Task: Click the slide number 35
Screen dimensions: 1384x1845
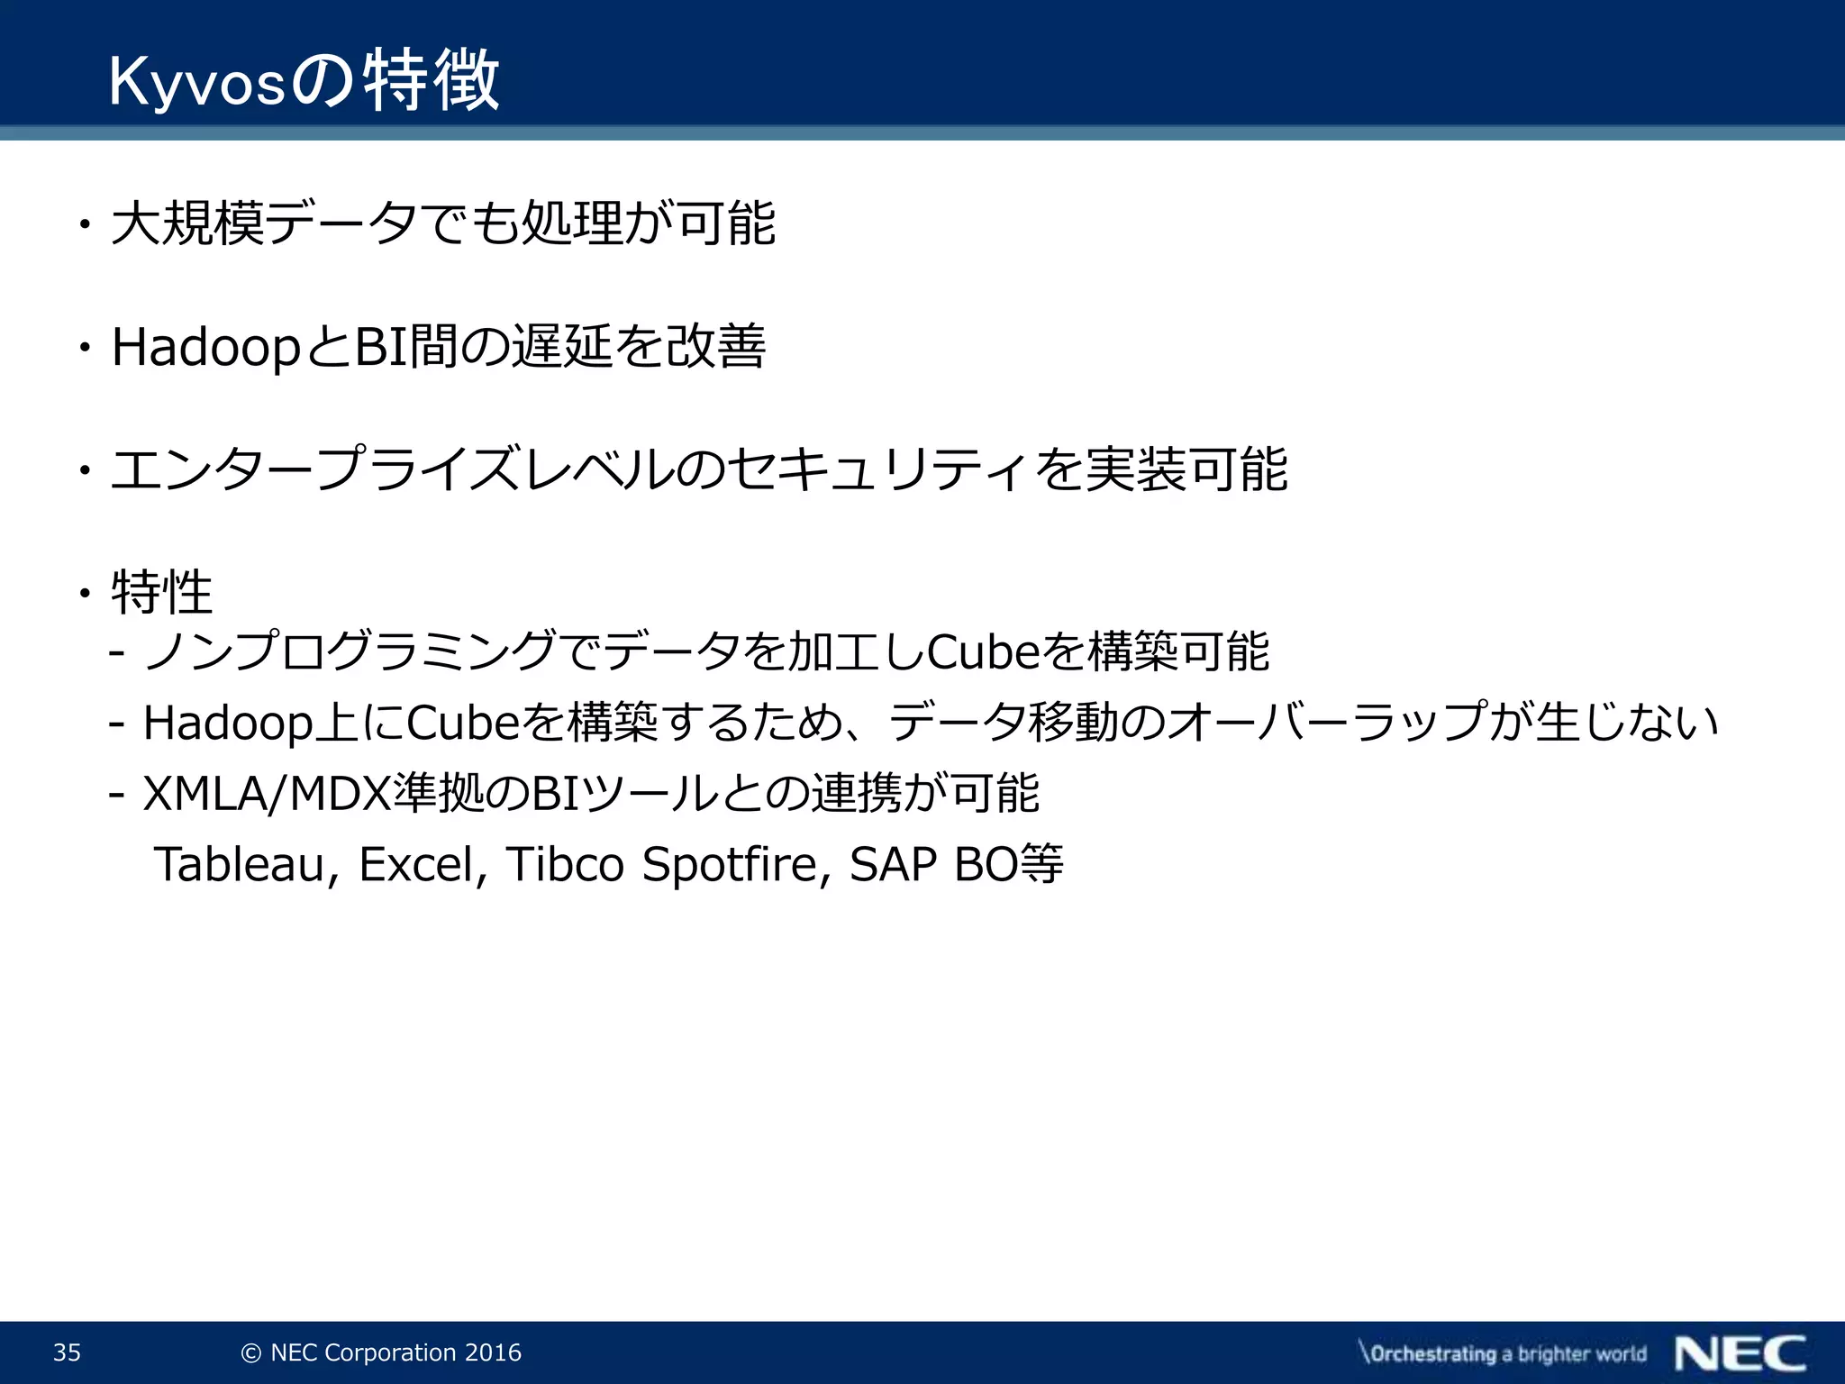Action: coord(67,1352)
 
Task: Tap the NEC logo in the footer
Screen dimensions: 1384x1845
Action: coord(1740,1353)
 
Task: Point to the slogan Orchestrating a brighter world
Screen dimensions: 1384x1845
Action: coord(1503,1353)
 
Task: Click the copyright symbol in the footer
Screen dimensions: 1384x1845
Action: coord(252,1353)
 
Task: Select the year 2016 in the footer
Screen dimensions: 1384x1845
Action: coord(493,1352)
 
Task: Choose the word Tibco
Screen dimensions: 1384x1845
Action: coord(565,864)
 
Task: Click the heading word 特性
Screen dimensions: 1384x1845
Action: coord(161,593)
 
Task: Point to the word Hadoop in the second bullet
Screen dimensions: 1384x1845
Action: coord(205,348)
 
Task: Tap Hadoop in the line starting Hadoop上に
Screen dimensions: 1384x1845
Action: coord(228,723)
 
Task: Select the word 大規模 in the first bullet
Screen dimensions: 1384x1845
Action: coord(188,223)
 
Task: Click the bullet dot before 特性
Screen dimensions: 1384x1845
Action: coord(85,593)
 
